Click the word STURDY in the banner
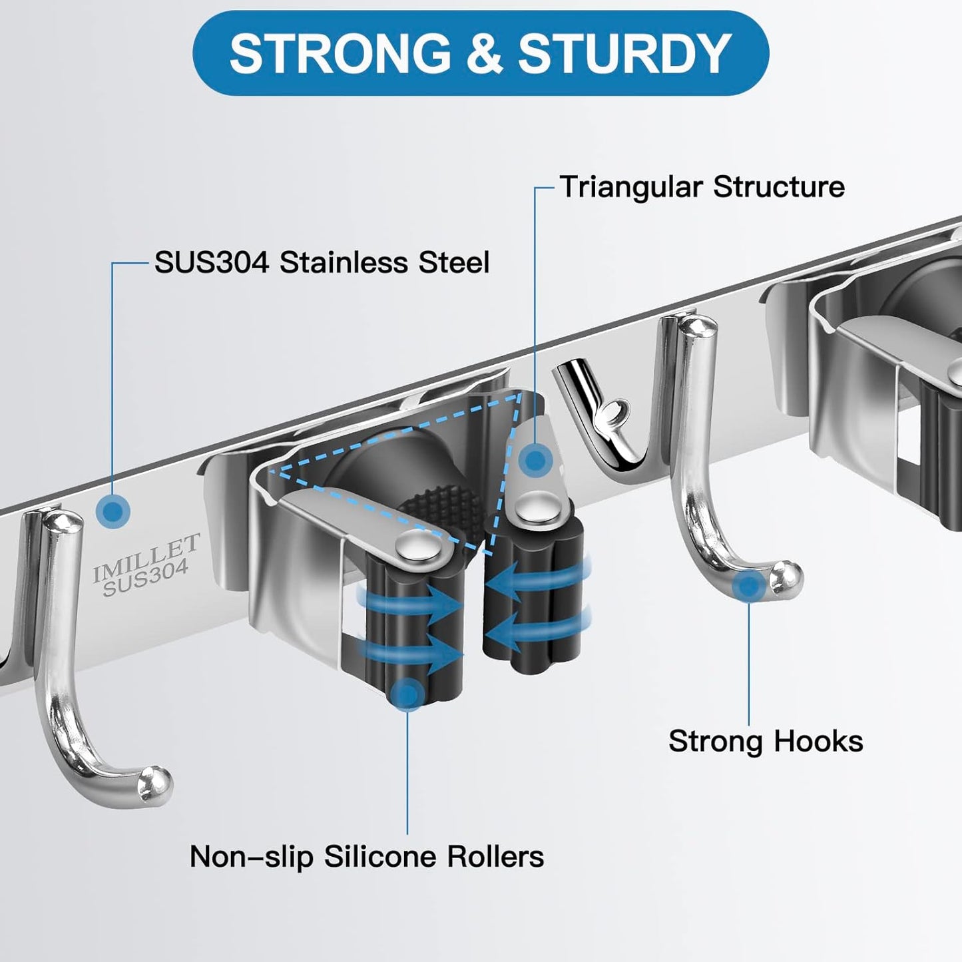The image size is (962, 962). click(x=624, y=53)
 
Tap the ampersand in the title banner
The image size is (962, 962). click(x=483, y=53)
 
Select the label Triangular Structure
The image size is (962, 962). click(x=702, y=187)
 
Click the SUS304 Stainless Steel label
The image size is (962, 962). click(x=322, y=262)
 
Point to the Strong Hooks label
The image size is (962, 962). click(x=766, y=741)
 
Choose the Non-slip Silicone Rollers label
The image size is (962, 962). click(x=367, y=856)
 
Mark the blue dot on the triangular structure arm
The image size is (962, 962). click(x=534, y=459)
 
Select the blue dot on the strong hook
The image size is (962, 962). click(x=750, y=587)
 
